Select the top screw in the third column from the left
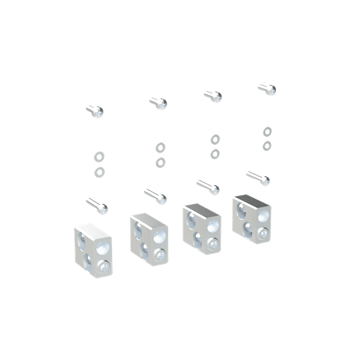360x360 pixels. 213,95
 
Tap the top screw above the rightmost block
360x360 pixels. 266,89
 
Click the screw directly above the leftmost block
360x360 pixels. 96,205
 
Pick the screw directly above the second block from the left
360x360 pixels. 155,196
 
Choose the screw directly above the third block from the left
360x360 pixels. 208,186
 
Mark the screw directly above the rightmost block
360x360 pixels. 258,178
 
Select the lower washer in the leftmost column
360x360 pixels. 99,173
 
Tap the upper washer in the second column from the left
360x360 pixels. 160,147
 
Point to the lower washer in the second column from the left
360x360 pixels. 160,162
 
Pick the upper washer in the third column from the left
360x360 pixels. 215,139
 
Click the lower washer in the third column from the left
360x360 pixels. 215,154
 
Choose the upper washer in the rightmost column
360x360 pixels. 266,131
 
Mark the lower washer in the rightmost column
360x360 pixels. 266,145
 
